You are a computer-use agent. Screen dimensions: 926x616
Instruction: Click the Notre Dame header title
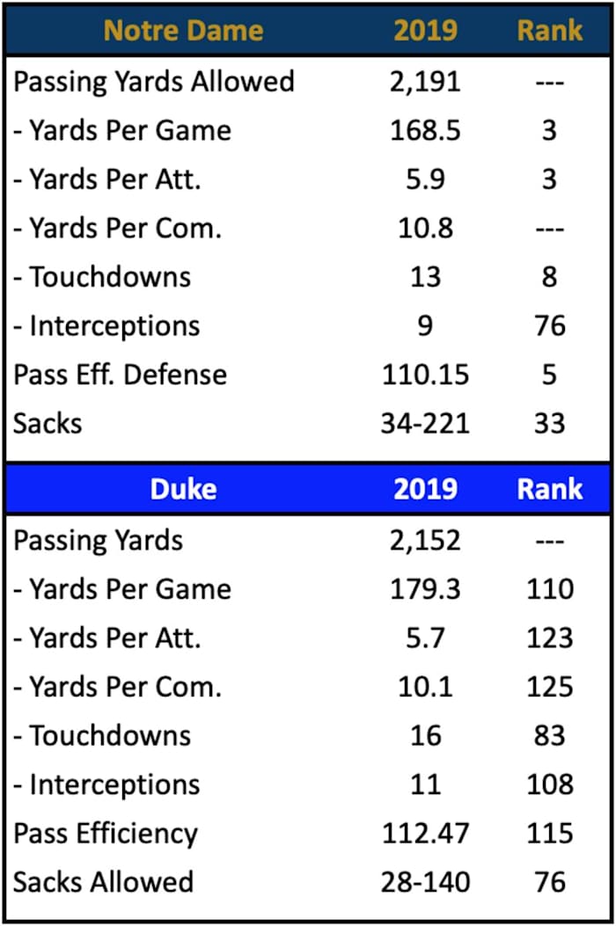183,31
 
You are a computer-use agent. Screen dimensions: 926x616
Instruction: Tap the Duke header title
183,489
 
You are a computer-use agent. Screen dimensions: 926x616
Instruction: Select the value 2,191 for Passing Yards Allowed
425,82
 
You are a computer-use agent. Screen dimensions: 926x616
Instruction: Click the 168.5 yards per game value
425,131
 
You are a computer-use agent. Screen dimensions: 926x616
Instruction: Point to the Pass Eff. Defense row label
120,375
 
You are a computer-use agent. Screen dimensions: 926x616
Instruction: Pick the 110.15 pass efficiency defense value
425,375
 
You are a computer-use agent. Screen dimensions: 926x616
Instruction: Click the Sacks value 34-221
425,423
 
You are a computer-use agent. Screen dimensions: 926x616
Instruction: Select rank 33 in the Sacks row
550,423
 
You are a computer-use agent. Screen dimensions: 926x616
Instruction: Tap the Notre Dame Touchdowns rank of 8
550,277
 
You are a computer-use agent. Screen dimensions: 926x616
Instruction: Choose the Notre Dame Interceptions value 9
425,326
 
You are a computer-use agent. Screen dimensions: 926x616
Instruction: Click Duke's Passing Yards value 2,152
425,540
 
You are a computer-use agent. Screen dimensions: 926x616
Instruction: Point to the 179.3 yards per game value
425,589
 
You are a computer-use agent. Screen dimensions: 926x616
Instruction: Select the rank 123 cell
550,638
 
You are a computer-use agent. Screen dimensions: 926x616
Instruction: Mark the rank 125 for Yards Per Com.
550,687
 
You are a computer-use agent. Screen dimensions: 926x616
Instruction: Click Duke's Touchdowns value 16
425,735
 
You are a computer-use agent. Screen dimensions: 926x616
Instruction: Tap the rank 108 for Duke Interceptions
550,784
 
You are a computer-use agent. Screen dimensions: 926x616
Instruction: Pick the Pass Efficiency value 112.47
425,833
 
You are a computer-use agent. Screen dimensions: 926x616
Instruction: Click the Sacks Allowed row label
103,882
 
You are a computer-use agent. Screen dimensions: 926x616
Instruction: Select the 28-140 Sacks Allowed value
425,882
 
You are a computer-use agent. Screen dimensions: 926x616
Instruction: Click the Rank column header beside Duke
550,489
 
